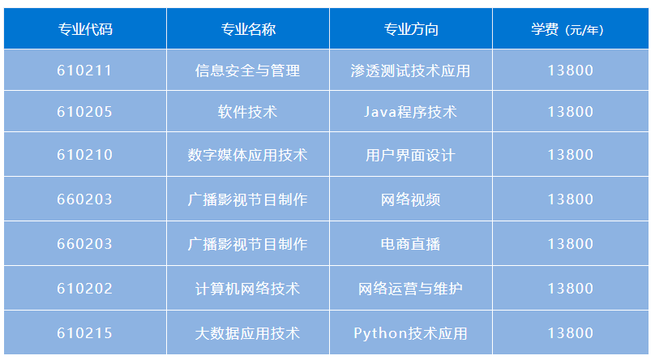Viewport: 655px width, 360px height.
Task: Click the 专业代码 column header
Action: coord(85,29)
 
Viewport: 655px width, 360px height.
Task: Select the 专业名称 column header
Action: coord(248,29)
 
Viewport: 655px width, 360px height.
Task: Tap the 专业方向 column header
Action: coord(411,29)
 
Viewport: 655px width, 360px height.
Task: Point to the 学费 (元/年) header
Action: coord(567,29)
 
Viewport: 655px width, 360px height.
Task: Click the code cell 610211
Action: coord(85,71)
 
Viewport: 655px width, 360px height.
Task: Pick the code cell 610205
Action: coord(85,112)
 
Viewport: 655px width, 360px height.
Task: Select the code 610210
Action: coord(85,155)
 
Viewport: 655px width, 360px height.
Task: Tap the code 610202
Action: coord(85,289)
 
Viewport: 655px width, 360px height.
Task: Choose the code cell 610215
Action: coord(85,333)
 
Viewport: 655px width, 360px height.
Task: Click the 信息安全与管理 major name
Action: coord(248,71)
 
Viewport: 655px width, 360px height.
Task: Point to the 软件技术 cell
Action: coord(248,112)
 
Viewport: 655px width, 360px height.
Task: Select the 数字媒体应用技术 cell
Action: coord(248,155)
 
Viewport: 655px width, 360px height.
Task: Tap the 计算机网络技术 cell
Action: coord(248,289)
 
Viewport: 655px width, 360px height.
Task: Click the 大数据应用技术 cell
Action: coord(248,333)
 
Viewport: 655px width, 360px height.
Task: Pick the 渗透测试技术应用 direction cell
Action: coord(411,71)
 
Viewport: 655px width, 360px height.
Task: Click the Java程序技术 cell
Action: coord(411,112)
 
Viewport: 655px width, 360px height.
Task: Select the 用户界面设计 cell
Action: coord(411,155)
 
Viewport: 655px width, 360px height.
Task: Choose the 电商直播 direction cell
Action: coord(411,244)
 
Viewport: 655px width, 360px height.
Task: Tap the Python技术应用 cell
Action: coord(411,333)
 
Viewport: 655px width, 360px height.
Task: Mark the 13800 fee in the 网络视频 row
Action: coord(571,199)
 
